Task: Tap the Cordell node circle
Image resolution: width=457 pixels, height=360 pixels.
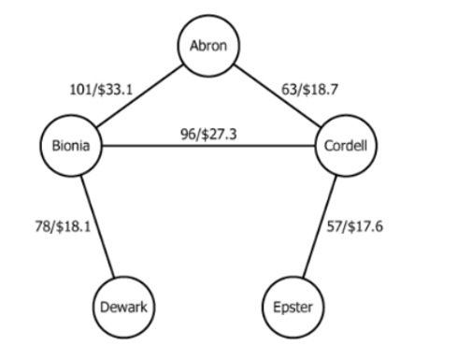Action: (346, 147)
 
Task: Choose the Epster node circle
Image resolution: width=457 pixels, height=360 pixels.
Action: (293, 306)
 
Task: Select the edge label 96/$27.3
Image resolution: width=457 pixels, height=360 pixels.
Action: (208, 134)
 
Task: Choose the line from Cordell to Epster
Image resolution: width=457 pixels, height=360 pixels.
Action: (321, 224)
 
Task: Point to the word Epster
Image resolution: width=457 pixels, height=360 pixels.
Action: (293, 307)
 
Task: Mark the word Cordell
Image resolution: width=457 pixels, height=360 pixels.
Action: (346, 147)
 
